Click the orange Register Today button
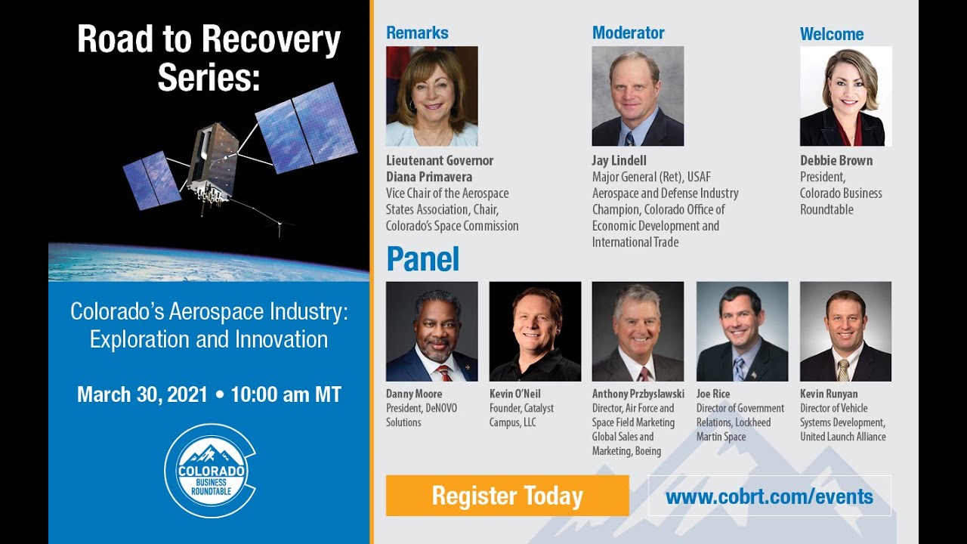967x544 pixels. pyautogui.click(x=507, y=496)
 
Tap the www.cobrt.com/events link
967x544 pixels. pyautogui.click(x=769, y=496)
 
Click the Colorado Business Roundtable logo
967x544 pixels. pyautogui.click(x=210, y=471)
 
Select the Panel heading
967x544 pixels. pyautogui.click(x=422, y=259)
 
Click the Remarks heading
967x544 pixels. pyautogui.click(x=417, y=33)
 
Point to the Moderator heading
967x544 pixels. pyautogui.click(x=628, y=33)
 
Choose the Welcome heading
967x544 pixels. pyautogui.click(x=832, y=34)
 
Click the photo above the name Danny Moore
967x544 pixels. pyautogui.click(x=431, y=332)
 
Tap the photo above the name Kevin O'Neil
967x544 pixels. pyautogui.click(x=535, y=332)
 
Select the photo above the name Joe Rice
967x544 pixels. pyautogui.click(x=742, y=332)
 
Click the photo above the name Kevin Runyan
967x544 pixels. pyautogui.click(x=845, y=332)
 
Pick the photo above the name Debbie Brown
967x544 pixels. pyautogui.click(x=845, y=96)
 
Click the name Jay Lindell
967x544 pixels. pyautogui.click(x=619, y=161)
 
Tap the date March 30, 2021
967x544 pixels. pyautogui.click(x=142, y=394)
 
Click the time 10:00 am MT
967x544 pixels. pyautogui.click(x=286, y=394)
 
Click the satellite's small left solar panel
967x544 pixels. pyautogui.click(x=152, y=180)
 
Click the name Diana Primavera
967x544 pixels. pyautogui.click(x=429, y=177)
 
